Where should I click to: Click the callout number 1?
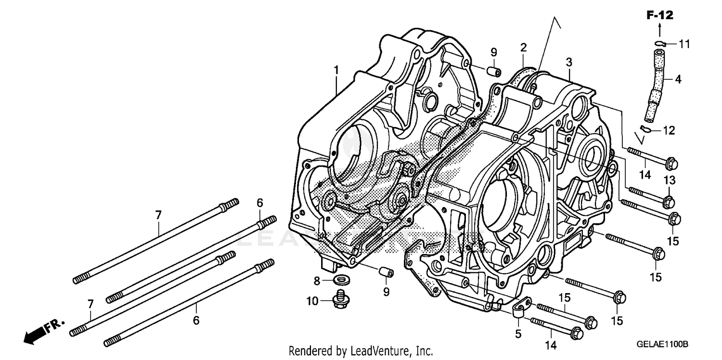(336, 70)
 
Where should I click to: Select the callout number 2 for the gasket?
(523, 48)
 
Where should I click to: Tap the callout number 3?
(569, 62)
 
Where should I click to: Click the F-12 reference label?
(659, 16)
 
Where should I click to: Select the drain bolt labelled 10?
(340, 300)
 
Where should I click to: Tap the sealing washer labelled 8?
(341, 279)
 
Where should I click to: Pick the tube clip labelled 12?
(647, 129)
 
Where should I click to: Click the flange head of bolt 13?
(669, 200)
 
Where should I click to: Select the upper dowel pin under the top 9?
(493, 71)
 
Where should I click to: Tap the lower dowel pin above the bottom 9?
(386, 273)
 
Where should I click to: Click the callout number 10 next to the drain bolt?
(312, 302)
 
